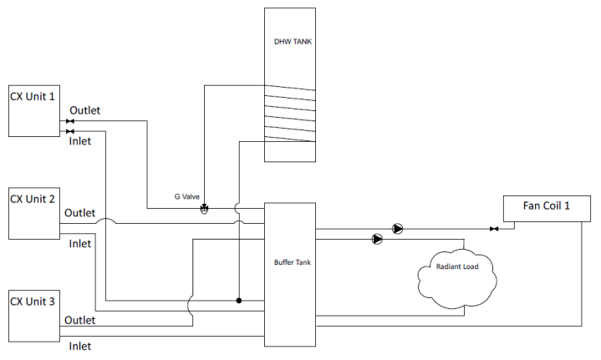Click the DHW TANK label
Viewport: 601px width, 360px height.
tap(293, 42)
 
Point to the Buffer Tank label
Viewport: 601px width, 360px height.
tap(293, 262)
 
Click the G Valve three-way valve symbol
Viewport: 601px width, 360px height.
tap(204, 209)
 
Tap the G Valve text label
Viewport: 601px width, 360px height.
tap(187, 197)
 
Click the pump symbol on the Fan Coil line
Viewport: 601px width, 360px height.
tap(398, 229)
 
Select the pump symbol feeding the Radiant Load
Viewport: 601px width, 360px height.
tap(377, 240)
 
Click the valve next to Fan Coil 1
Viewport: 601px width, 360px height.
tap(494, 229)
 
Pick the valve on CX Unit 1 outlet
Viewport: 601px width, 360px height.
tap(69, 121)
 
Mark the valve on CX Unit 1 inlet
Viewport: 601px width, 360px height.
tap(69, 131)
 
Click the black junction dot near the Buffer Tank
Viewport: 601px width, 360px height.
tap(239, 301)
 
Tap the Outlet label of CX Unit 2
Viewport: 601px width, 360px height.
tap(79, 213)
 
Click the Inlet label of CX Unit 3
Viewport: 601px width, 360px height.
tap(79, 346)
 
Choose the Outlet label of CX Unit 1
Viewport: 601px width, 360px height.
tap(84, 110)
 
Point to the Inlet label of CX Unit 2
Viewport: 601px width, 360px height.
tap(79, 244)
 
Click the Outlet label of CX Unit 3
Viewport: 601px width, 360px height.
tap(79, 320)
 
